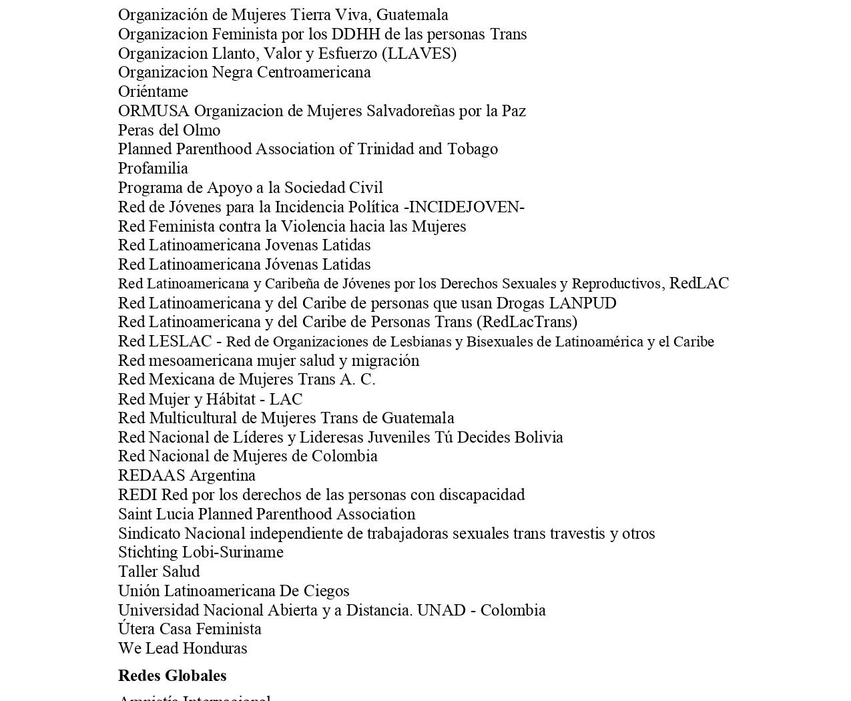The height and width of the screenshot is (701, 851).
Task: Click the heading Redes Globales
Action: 172,676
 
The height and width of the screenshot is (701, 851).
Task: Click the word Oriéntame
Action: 153,91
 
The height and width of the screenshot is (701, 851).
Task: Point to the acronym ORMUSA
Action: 154,111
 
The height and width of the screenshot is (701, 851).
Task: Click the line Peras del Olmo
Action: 169,130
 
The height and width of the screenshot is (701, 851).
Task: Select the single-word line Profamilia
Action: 153,168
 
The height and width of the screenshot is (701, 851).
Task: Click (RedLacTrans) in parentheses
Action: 527,322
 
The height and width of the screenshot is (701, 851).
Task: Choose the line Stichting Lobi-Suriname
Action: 200,552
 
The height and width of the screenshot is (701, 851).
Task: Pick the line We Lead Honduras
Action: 182,648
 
